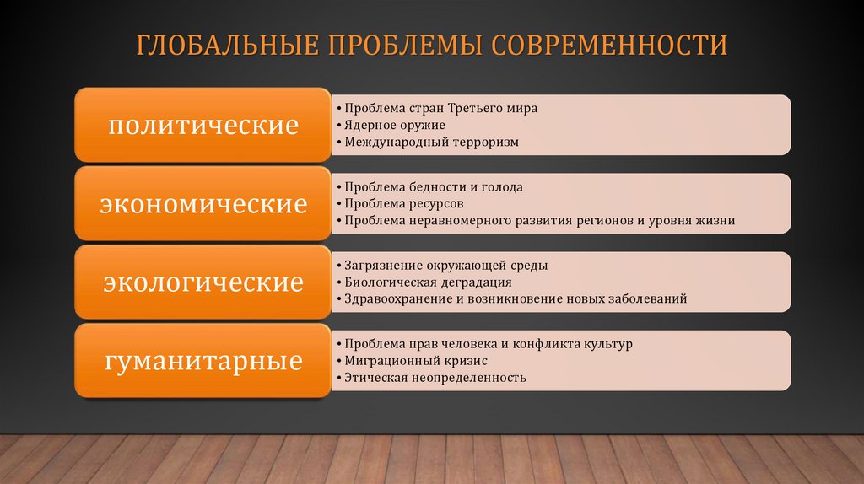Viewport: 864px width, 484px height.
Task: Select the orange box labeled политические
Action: click(x=204, y=126)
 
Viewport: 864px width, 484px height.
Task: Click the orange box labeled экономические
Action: click(x=204, y=204)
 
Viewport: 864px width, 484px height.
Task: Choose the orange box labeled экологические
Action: click(x=204, y=282)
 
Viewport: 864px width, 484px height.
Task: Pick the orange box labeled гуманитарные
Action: click(x=204, y=361)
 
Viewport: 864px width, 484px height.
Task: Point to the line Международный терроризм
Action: click(x=431, y=143)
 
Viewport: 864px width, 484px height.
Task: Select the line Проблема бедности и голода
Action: click(x=434, y=187)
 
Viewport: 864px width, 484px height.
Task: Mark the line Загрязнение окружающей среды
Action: click(x=445, y=266)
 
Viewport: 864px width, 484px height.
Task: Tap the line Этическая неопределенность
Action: click(x=435, y=378)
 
